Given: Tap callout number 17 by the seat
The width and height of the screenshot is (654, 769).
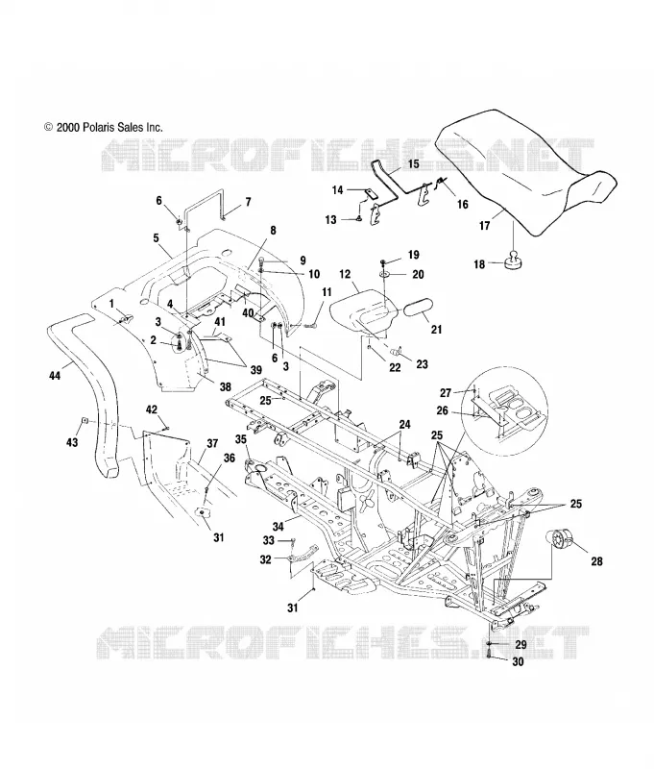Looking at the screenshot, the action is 484,226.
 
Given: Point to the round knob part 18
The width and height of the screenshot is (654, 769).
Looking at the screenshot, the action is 514,259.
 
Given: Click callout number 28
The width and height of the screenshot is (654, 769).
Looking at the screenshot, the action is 596,561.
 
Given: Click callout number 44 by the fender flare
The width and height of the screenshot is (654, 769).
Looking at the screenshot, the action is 55,375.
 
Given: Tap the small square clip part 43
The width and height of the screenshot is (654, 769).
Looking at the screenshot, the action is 85,420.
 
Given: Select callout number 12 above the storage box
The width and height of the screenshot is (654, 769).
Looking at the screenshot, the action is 345,274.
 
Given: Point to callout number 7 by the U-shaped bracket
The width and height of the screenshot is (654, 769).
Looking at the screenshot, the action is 248,202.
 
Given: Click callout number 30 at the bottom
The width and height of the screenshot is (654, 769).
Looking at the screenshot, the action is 518,661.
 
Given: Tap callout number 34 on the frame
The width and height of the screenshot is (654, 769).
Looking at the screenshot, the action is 278,527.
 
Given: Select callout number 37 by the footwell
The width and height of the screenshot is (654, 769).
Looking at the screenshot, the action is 212,443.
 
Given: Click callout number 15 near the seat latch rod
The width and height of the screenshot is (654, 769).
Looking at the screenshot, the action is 414,163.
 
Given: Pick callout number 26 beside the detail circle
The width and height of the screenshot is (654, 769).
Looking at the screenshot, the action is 442,410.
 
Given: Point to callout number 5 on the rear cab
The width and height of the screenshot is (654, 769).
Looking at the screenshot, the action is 156,238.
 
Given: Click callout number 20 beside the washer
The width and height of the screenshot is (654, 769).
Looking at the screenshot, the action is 418,274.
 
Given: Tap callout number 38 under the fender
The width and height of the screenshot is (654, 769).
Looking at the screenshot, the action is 225,387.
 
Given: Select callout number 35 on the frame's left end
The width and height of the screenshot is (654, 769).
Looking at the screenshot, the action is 240,439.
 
